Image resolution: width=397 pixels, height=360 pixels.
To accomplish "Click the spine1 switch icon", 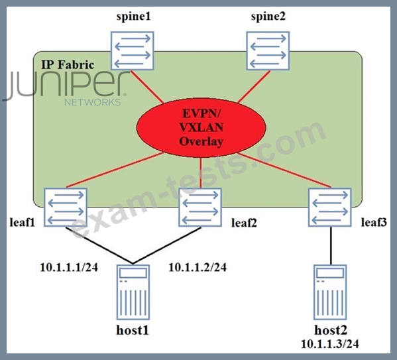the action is [x=132, y=50].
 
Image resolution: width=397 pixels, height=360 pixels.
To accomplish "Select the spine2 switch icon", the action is [x=268, y=50].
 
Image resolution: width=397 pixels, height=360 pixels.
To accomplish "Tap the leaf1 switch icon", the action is [x=66, y=208].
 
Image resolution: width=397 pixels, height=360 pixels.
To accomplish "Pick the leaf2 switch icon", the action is [x=200, y=208].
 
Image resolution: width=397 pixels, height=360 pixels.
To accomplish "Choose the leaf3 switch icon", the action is [x=330, y=208].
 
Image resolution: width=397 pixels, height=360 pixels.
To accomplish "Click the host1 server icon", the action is [x=133, y=292].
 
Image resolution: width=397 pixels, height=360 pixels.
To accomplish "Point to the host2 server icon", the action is [x=330, y=292].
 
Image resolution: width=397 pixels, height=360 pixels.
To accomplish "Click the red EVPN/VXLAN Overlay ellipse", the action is [x=201, y=128].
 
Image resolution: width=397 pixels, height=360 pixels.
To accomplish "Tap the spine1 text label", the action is [x=133, y=17].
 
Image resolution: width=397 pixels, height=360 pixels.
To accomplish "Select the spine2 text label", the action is [x=268, y=17].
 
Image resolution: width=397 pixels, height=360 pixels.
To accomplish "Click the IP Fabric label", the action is [x=68, y=65].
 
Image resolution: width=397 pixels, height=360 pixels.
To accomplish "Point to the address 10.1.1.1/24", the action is [x=69, y=268].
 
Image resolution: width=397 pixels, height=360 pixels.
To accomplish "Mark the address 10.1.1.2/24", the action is [x=198, y=268].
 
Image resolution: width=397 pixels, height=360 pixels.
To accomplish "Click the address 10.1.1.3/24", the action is [x=330, y=344].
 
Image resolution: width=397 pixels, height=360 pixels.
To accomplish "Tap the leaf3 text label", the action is [x=374, y=223].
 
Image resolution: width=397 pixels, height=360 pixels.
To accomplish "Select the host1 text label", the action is [x=133, y=330].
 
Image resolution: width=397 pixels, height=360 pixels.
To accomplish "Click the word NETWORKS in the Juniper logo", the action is [x=93, y=102].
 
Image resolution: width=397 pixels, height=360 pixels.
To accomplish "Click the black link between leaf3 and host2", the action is [x=331, y=246].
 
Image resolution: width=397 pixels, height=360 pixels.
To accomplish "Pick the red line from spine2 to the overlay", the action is [x=254, y=87].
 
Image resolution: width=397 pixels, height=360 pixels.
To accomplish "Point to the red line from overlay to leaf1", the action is [x=115, y=170].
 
